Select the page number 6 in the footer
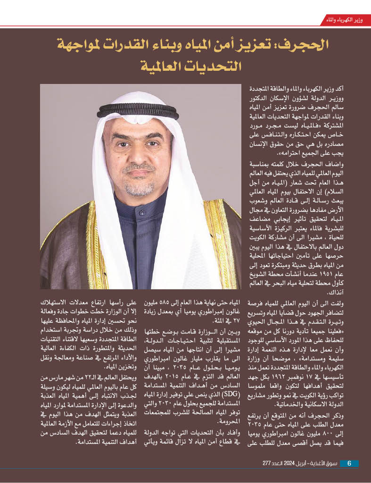pyautogui.click(x=349, y=463)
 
